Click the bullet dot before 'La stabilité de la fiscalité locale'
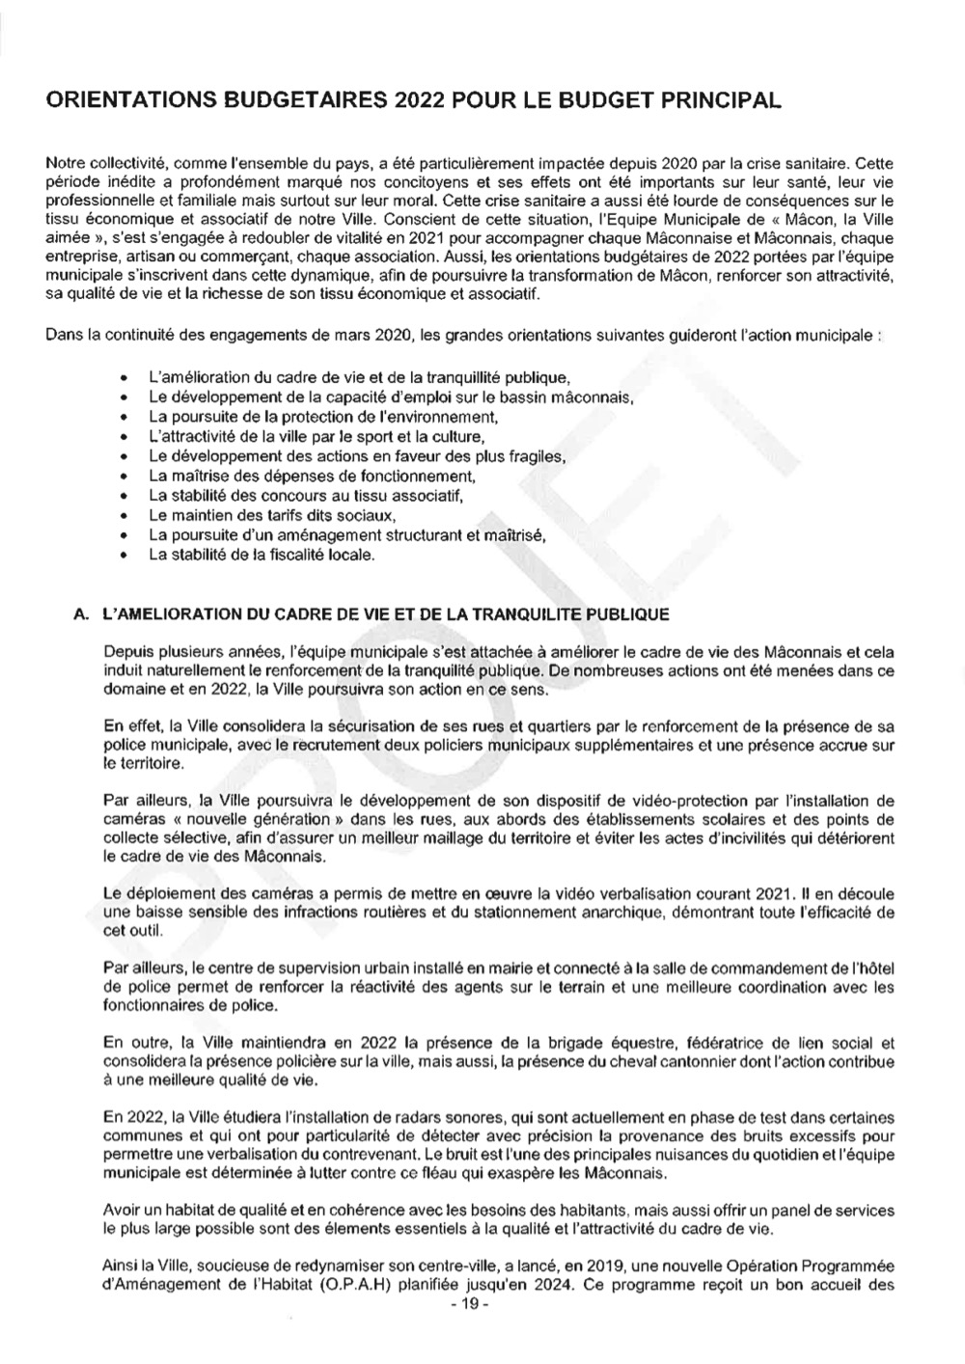(x=124, y=556)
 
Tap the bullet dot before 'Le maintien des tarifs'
(x=124, y=516)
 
